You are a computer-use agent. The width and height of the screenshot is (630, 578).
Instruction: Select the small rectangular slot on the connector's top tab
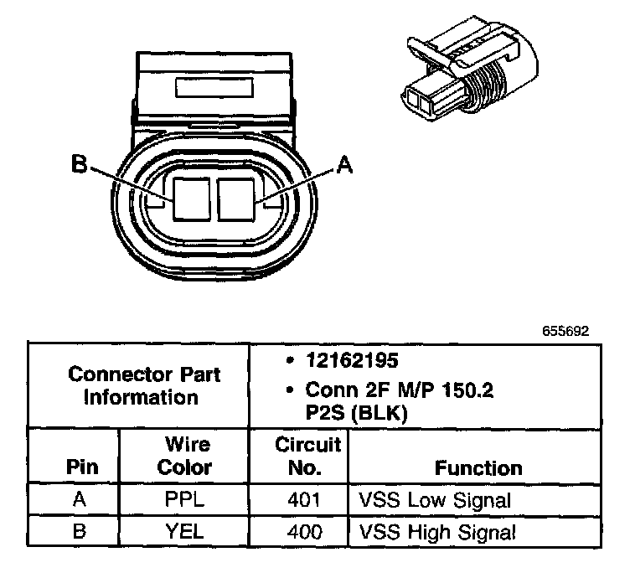point(214,88)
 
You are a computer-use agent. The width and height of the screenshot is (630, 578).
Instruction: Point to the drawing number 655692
point(566,331)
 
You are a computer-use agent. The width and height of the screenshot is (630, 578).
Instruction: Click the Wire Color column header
point(185,456)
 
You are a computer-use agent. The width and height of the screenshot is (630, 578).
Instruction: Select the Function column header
point(478,467)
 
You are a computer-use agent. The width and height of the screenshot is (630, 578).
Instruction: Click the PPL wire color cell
point(185,501)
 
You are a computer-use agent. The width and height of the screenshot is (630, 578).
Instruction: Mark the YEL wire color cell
point(185,531)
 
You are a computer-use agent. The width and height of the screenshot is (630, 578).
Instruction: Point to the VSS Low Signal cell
point(435,501)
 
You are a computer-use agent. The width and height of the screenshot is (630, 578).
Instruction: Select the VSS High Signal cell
point(436,531)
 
